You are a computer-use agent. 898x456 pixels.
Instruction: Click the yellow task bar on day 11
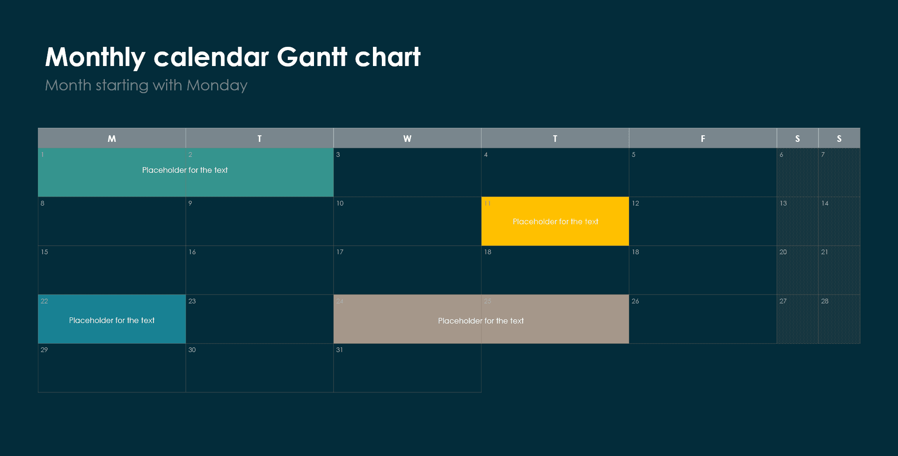(555, 221)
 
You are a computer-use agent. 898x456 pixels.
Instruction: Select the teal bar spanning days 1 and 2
(185, 171)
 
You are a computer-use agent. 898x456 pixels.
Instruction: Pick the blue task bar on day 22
(112, 319)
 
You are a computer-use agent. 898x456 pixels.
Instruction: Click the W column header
(407, 139)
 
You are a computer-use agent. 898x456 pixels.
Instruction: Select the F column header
(703, 139)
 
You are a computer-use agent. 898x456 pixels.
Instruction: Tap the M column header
(112, 139)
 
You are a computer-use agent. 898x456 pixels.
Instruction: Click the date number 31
(339, 350)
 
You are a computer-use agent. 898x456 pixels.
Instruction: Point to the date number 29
(44, 350)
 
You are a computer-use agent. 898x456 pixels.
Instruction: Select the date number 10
(340, 203)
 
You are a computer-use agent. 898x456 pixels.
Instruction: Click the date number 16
(192, 252)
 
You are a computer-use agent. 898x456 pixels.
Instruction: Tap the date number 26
(635, 301)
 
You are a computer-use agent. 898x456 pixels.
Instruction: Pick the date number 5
(634, 154)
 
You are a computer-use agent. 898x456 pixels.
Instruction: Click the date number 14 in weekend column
(825, 203)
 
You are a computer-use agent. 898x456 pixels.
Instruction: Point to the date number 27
(783, 301)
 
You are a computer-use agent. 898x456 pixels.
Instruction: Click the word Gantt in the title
(312, 57)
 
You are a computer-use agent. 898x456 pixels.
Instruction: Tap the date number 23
(192, 301)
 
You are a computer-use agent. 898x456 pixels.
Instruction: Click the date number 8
(43, 203)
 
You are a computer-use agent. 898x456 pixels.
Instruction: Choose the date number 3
(338, 154)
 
